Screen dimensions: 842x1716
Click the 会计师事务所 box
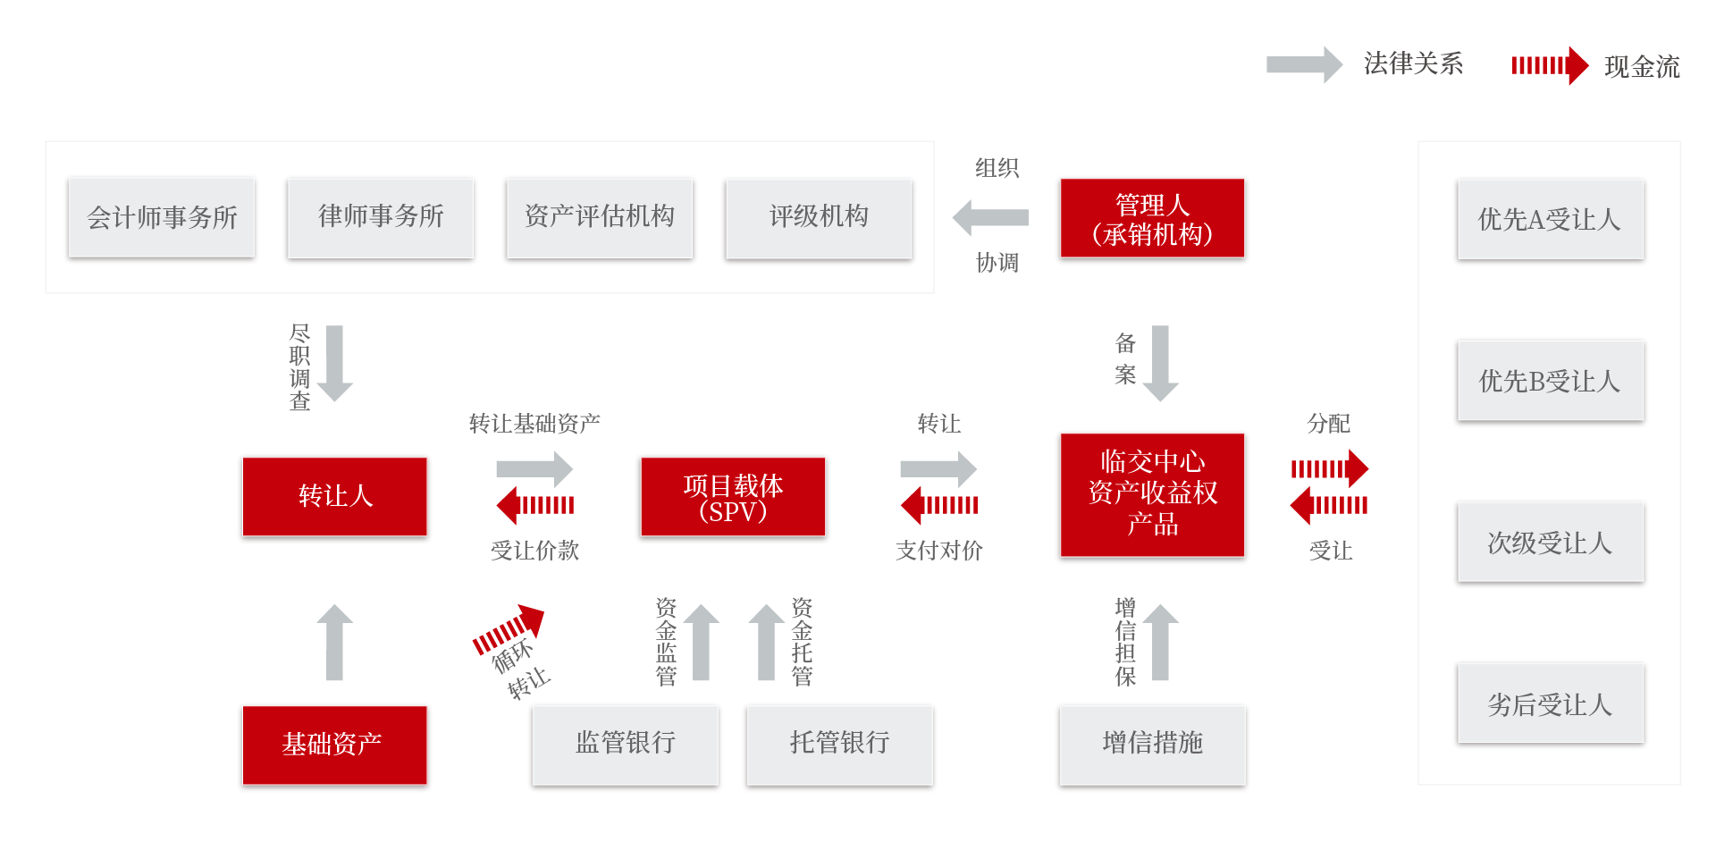tap(162, 219)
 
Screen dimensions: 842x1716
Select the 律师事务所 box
tap(381, 219)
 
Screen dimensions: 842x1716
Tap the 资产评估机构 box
tap(600, 219)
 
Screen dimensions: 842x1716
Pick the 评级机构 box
tap(819, 219)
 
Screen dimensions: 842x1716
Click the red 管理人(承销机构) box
tap(1152, 220)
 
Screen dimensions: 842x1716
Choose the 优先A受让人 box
tap(1550, 220)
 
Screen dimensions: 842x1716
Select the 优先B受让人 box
tap(1550, 382)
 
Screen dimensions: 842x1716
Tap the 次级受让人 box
tap(1550, 543)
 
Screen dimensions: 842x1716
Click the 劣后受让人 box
tap(1550, 704)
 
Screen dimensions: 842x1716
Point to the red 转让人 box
tap(335, 497)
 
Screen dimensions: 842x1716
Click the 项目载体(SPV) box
tap(733, 498)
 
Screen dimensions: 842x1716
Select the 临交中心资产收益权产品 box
tap(1152, 496)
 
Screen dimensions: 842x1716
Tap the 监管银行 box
tap(625, 745)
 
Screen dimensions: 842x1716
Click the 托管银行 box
tap(839, 745)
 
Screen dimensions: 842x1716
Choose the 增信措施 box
tap(1152, 745)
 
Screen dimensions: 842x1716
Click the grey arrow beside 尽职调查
tap(335, 363)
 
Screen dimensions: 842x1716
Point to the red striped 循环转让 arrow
tap(509, 629)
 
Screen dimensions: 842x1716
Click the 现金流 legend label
tap(1642, 67)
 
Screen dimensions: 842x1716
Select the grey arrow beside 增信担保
tap(1160, 642)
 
